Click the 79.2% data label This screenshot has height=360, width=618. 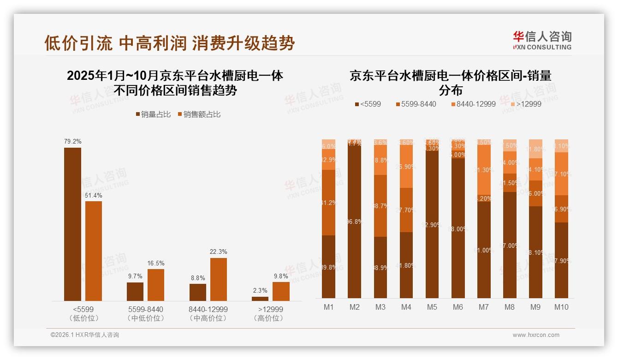click(72, 142)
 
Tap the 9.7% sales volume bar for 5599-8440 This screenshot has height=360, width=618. click(135, 292)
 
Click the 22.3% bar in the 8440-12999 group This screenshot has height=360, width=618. click(219, 279)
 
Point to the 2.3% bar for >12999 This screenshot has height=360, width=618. click(260, 299)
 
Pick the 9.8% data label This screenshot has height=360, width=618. click(281, 276)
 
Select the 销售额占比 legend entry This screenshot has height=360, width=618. click(199, 114)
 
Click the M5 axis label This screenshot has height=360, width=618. click(432, 307)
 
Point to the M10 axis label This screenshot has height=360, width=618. click(561, 307)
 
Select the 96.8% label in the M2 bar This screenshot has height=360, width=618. click(355, 222)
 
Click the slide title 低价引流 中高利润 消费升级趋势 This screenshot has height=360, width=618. click(169, 43)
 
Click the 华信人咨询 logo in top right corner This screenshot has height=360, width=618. click(542, 40)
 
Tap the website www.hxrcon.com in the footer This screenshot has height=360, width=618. click(536, 335)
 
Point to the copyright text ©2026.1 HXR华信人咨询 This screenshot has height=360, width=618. click(85, 335)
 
